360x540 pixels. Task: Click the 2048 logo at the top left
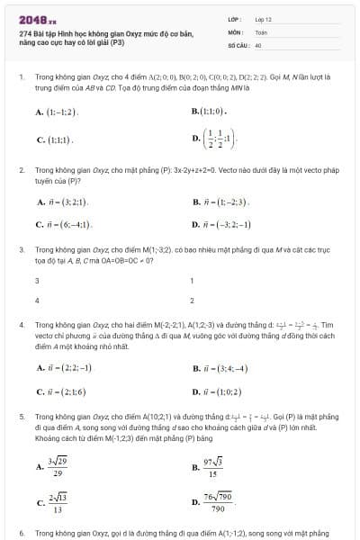pyautogui.click(x=37, y=20)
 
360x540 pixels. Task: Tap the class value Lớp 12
pyautogui.click(x=263, y=19)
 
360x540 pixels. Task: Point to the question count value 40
pyautogui.click(x=258, y=43)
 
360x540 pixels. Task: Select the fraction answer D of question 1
pyautogui.click(x=216, y=138)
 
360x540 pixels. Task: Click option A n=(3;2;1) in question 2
pyautogui.click(x=63, y=202)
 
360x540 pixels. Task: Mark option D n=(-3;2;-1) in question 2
pyautogui.click(x=221, y=224)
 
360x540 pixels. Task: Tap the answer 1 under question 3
pyautogui.click(x=192, y=281)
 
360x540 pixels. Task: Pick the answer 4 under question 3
pyautogui.click(x=36, y=300)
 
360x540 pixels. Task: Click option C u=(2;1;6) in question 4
pyautogui.click(x=63, y=391)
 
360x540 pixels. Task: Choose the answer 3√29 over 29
pyautogui.click(x=58, y=466)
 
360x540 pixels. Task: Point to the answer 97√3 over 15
pyautogui.click(x=212, y=466)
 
